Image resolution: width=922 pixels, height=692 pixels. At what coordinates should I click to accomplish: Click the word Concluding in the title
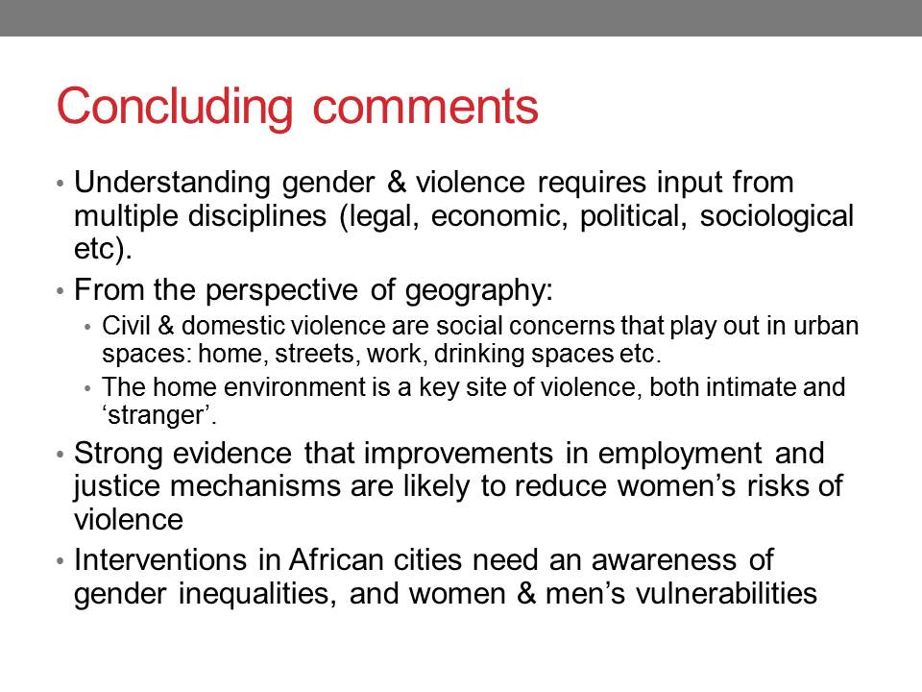coord(175,107)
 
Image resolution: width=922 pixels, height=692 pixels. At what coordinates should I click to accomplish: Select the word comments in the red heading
coord(425,107)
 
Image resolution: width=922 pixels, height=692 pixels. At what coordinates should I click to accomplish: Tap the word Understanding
coord(172,184)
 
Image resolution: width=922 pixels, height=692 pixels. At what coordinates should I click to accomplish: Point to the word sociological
coord(776,217)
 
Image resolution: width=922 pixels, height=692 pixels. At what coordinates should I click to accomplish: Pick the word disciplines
coord(257,217)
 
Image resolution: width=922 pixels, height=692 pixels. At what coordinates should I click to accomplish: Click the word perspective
coord(281,291)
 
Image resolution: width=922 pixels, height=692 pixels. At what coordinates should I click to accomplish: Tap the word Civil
coord(126,326)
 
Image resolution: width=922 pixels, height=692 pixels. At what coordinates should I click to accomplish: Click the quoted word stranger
coord(156,416)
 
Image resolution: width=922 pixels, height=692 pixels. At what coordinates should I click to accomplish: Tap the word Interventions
coord(160,559)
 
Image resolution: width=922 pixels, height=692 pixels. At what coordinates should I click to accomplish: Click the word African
coord(336,559)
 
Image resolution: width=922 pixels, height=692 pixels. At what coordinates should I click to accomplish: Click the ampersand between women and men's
coord(525,594)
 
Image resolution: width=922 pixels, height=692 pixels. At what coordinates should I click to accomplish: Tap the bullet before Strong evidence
coord(60,455)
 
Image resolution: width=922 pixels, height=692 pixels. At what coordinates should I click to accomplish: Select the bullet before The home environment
coord(88,388)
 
